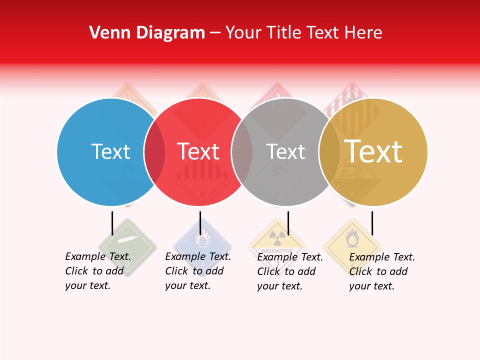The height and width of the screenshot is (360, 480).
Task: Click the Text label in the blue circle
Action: (110, 151)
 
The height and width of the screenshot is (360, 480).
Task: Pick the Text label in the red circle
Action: (198, 151)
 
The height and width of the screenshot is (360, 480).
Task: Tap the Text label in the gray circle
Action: (285, 151)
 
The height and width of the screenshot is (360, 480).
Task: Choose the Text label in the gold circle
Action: (373, 151)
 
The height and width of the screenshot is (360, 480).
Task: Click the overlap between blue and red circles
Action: (154, 151)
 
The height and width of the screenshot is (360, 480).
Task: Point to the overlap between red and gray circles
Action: (242, 151)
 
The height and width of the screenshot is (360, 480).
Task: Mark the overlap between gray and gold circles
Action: (329, 151)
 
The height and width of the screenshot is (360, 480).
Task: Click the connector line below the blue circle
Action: (112, 223)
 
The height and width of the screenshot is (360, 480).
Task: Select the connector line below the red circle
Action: (200, 223)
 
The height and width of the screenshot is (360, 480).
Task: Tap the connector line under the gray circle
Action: (288, 223)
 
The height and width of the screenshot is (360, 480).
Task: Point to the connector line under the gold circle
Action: (372, 223)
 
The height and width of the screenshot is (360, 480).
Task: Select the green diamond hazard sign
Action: (127, 247)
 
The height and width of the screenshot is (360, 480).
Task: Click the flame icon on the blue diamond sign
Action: (202, 240)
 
